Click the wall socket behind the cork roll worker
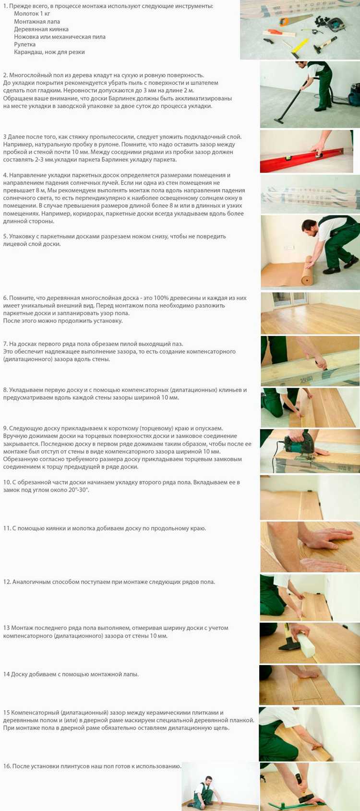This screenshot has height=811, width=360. pos(288,248)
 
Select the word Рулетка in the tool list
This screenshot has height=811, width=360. pos(24,45)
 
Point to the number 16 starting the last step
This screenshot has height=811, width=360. pos(6,766)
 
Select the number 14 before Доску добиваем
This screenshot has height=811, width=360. pos(6,674)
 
